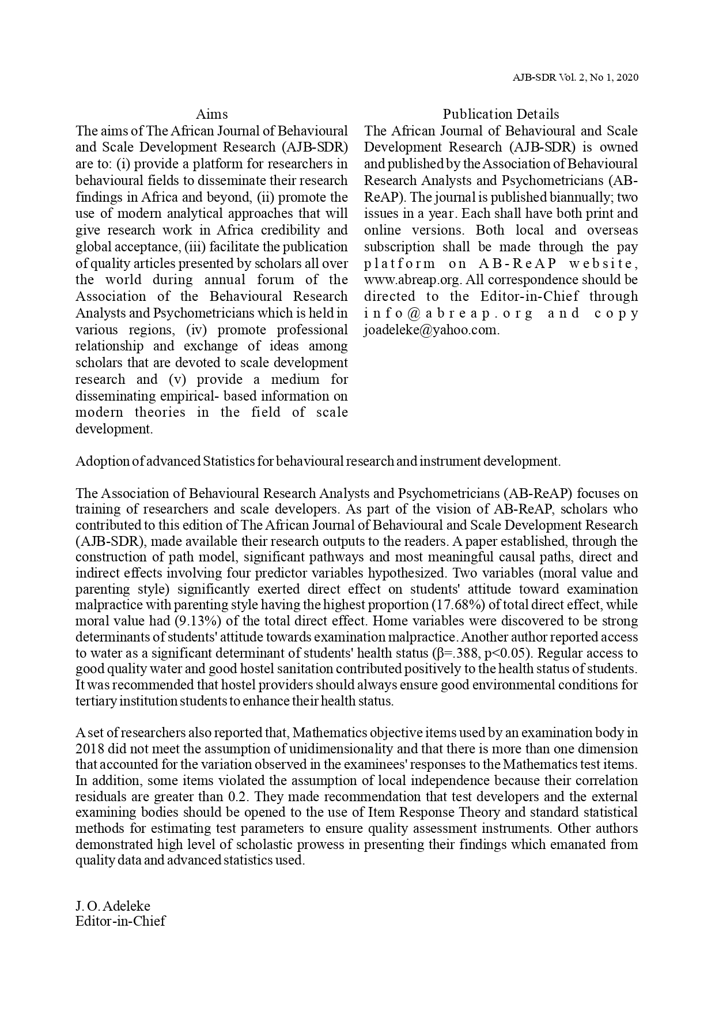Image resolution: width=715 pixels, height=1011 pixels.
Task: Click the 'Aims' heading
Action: point(211,114)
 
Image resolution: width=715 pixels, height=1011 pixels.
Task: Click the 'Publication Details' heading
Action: point(501,114)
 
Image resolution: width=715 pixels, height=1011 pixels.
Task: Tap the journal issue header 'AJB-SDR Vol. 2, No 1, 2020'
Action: point(575,78)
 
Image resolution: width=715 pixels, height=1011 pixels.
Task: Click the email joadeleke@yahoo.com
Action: point(431,330)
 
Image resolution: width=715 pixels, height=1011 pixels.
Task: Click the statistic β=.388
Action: point(453,654)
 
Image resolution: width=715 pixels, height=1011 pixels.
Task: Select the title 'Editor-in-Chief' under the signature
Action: point(120,921)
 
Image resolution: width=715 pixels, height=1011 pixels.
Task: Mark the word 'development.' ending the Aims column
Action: point(114,429)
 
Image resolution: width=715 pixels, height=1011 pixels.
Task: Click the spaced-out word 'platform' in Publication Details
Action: point(399,263)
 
